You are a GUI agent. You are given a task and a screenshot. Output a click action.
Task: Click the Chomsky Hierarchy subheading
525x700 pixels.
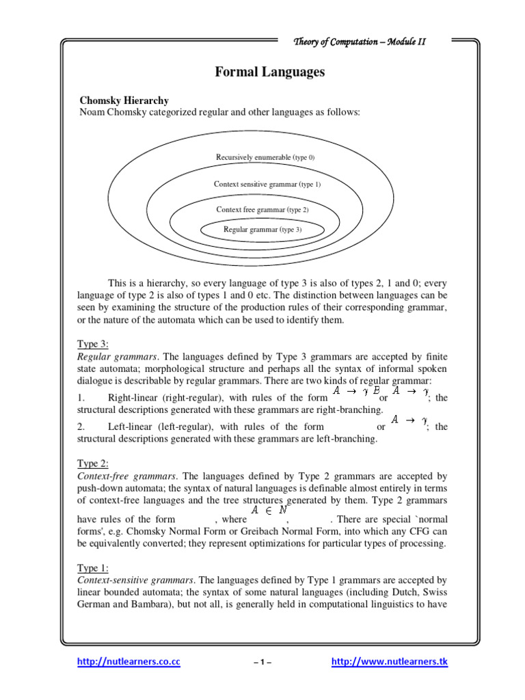(x=124, y=100)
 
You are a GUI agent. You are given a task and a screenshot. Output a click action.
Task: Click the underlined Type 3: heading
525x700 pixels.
(x=93, y=344)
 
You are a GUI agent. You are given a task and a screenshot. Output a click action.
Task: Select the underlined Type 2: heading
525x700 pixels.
(x=93, y=463)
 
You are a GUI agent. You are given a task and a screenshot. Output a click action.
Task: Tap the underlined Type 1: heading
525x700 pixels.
(x=93, y=568)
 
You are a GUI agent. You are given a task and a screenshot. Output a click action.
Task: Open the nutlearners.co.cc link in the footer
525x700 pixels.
(x=129, y=662)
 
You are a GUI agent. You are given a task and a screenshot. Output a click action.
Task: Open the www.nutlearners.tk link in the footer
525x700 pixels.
(x=389, y=662)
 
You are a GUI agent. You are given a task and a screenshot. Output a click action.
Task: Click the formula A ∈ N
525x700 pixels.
(x=269, y=509)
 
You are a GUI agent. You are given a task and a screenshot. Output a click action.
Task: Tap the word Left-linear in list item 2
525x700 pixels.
(x=132, y=427)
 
